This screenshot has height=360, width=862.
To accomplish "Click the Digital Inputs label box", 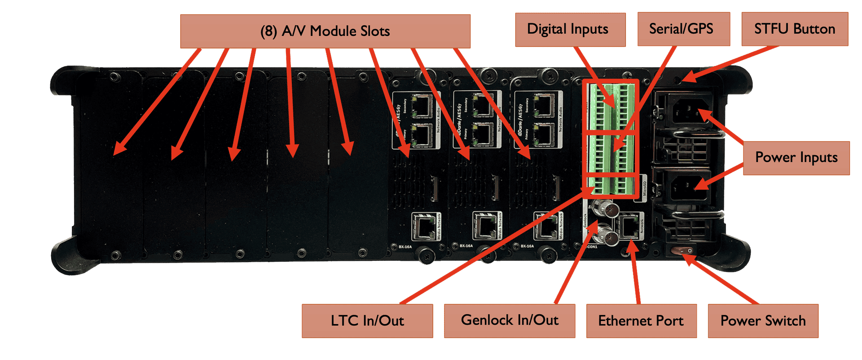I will (x=570, y=30).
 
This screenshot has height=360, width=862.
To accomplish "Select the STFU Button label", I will (x=795, y=29).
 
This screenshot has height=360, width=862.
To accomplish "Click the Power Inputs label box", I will (x=796, y=158).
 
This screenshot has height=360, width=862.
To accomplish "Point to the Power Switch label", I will (x=763, y=321).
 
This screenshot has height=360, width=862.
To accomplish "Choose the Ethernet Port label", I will (x=641, y=321).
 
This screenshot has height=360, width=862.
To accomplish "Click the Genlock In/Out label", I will (x=510, y=320).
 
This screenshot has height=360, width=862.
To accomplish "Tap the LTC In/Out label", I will (x=367, y=321).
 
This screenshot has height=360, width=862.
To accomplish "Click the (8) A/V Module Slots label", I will (x=325, y=31).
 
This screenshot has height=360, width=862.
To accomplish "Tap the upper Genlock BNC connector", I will (x=603, y=208).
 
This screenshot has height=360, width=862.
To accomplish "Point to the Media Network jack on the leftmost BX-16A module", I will (x=422, y=227).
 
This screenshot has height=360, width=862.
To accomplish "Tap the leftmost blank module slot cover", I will (x=110, y=166).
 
